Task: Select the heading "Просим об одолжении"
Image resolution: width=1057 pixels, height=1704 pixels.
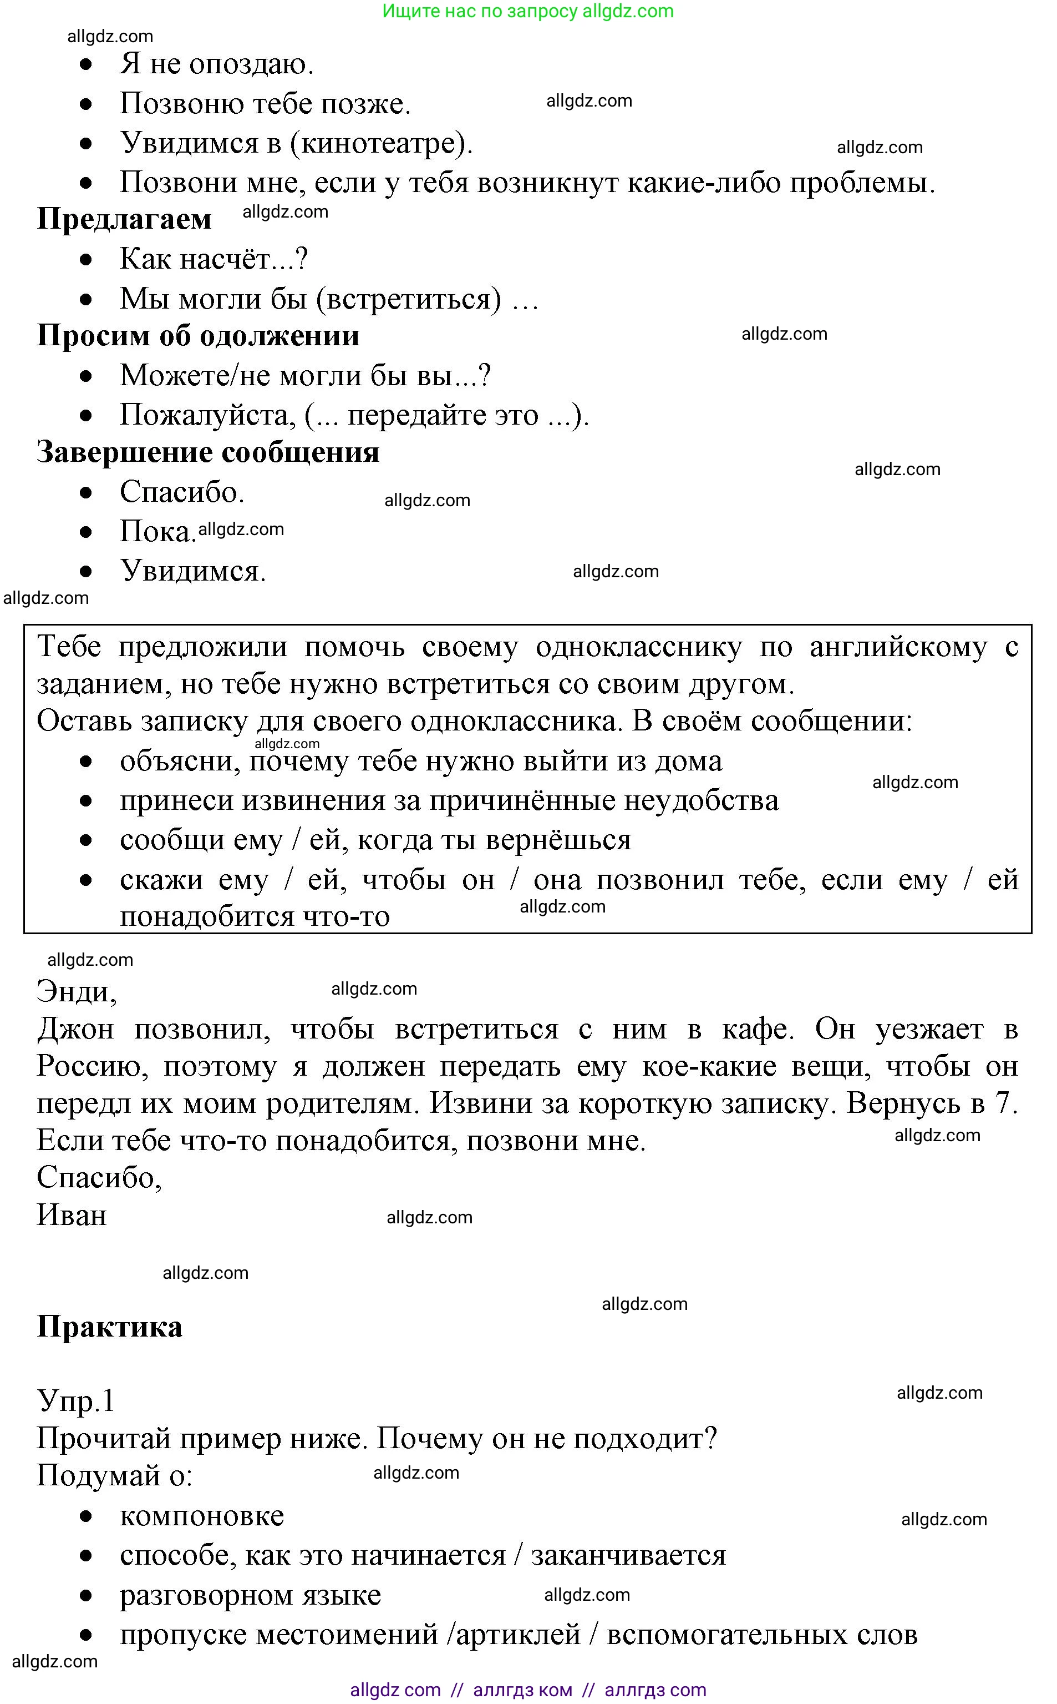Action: click(x=198, y=336)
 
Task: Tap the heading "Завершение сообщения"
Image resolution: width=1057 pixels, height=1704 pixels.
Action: click(x=207, y=452)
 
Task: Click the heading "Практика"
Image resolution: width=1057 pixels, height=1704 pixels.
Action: click(x=109, y=1326)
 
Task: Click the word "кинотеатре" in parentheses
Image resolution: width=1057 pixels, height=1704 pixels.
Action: click(x=378, y=143)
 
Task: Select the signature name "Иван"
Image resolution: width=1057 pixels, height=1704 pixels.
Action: click(x=72, y=1215)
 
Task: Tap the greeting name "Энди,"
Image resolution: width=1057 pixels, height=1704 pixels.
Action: click(x=76, y=991)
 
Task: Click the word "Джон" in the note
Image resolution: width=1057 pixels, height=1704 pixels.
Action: click(x=75, y=1029)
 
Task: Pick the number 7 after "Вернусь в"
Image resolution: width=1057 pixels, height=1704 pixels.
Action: click(x=1003, y=1103)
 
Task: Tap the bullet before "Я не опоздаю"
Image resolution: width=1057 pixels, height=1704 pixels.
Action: click(x=86, y=65)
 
